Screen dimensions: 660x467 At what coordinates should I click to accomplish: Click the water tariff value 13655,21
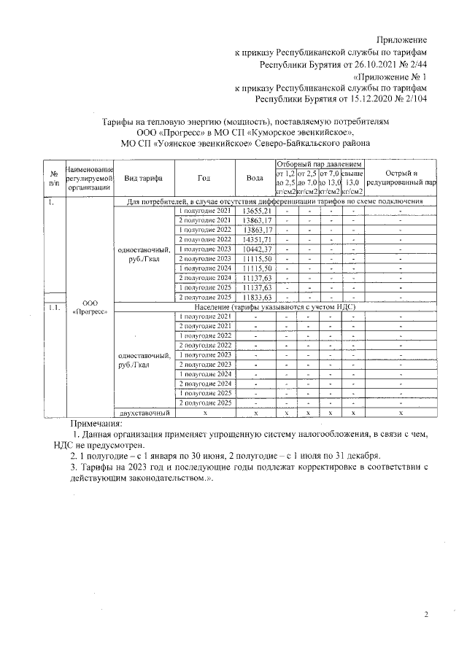click(255, 211)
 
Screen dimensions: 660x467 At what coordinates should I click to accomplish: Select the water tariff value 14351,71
click(255, 240)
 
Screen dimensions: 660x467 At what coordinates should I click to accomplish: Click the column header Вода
click(255, 178)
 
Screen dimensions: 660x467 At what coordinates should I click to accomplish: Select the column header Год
click(204, 178)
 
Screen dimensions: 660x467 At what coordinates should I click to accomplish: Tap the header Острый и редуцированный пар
click(401, 178)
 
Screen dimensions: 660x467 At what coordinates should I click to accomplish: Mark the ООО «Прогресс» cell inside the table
click(89, 307)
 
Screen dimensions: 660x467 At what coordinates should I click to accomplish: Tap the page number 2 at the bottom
click(425, 614)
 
